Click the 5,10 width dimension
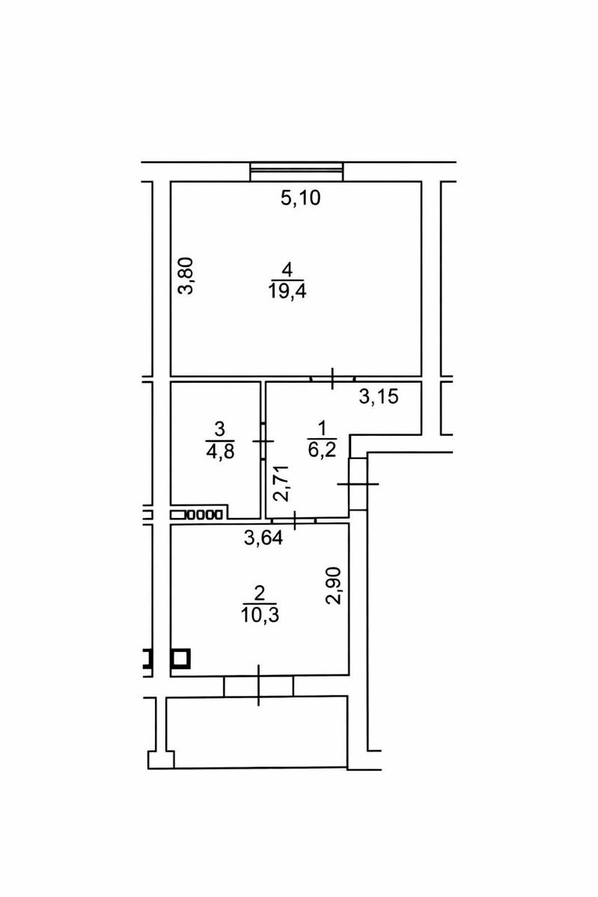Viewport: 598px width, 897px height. point(300,198)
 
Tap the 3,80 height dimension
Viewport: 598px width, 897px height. point(186,277)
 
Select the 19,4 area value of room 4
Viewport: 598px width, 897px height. point(287,291)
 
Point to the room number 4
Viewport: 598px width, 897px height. point(287,270)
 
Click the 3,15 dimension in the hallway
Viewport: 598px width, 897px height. point(379,397)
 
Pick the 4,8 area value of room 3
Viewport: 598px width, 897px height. point(219,451)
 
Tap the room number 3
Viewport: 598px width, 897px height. point(219,430)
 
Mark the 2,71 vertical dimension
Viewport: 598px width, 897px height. point(281,484)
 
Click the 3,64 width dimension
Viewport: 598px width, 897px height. point(263,537)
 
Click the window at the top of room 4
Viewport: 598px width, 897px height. point(296,171)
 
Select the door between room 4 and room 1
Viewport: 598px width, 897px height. point(332,378)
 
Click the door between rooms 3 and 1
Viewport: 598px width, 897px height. point(263,441)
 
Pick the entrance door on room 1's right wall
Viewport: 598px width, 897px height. point(358,484)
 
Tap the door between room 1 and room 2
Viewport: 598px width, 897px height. point(295,520)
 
